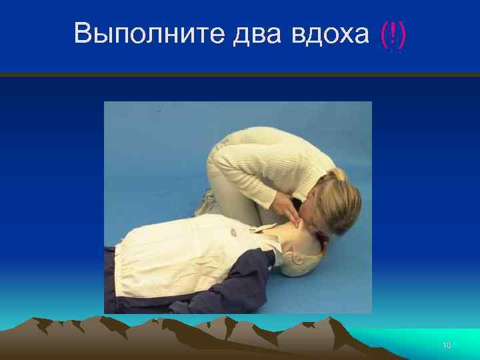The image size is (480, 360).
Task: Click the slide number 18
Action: pyautogui.click(x=447, y=345)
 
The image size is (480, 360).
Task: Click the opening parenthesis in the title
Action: pyautogui.click(x=383, y=33)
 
